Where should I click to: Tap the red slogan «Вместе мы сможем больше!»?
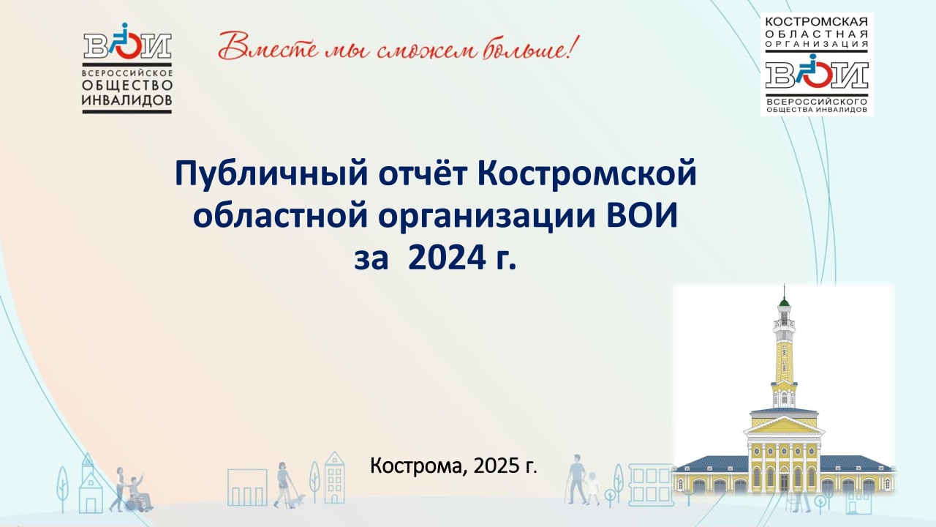click(399, 48)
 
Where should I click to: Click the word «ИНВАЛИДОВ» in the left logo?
click(127, 100)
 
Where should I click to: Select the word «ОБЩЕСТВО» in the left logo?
click(127, 86)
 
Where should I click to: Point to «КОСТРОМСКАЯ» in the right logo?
click(817, 21)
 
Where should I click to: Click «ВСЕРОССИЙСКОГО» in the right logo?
click(817, 102)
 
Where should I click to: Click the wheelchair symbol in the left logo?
click(125, 41)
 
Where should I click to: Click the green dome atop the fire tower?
click(784, 302)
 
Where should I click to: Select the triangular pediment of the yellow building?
click(784, 426)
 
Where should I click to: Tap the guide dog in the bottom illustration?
click(297, 500)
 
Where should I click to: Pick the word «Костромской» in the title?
click(587, 172)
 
